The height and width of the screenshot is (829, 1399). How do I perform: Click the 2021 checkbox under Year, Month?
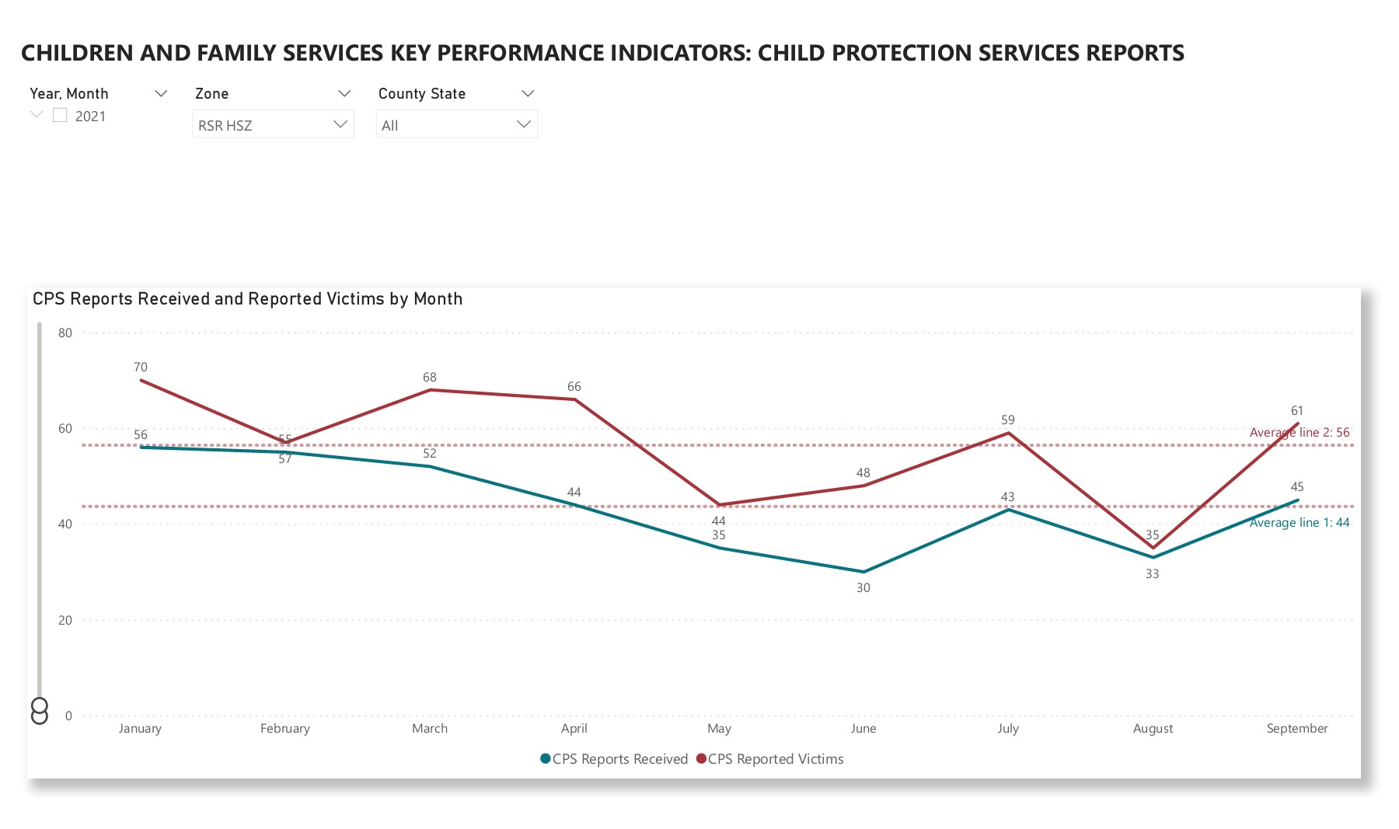point(60,116)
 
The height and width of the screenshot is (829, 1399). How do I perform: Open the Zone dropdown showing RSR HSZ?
point(272,124)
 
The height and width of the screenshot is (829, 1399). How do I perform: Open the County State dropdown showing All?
point(456,124)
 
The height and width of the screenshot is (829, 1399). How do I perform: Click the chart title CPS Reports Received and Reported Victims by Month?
point(247,299)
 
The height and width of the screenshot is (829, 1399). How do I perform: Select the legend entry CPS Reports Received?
point(614,759)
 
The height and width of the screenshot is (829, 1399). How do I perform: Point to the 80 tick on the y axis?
point(65,333)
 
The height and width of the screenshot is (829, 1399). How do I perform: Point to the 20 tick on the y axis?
point(65,620)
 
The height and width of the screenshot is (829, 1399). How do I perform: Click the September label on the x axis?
point(1296,729)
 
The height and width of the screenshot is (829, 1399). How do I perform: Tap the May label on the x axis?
point(719,729)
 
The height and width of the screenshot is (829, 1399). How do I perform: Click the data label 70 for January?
point(141,367)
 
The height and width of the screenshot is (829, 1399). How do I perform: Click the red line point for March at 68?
point(430,390)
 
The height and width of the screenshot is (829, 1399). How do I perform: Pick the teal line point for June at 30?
point(863,572)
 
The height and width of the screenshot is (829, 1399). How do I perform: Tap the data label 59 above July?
point(1008,420)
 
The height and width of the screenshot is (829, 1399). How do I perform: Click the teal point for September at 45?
point(1297,500)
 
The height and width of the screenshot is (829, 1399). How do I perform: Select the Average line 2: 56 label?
point(1299,433)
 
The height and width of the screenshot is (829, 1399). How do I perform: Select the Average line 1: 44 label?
point(1299,523)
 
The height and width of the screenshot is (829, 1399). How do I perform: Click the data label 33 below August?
point(1152,574)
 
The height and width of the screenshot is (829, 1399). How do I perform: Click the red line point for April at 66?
point(574,399)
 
